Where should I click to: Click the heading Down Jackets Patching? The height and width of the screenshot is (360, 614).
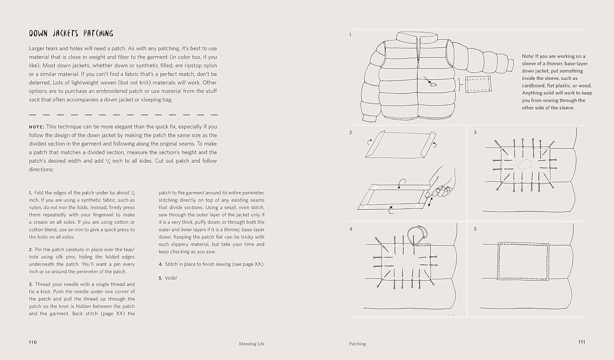point(71,33)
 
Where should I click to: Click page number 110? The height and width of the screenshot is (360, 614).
point(33,342)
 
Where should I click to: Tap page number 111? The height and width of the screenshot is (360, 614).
point(581,342)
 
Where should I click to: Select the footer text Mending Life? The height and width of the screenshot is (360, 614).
point(252,344)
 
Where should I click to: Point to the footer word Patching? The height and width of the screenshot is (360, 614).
point(357,344)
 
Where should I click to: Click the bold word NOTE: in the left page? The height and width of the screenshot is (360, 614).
point(37,127)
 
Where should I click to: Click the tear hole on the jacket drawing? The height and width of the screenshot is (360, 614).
point(433,85)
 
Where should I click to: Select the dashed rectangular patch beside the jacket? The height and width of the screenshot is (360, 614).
point(478,84)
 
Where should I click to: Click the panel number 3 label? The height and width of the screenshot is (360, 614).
point(475,132)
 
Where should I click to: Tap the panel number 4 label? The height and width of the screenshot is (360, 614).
point(351,229)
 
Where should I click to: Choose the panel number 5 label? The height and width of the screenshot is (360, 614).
point(475,229)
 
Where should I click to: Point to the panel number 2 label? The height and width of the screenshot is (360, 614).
point(351,132)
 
